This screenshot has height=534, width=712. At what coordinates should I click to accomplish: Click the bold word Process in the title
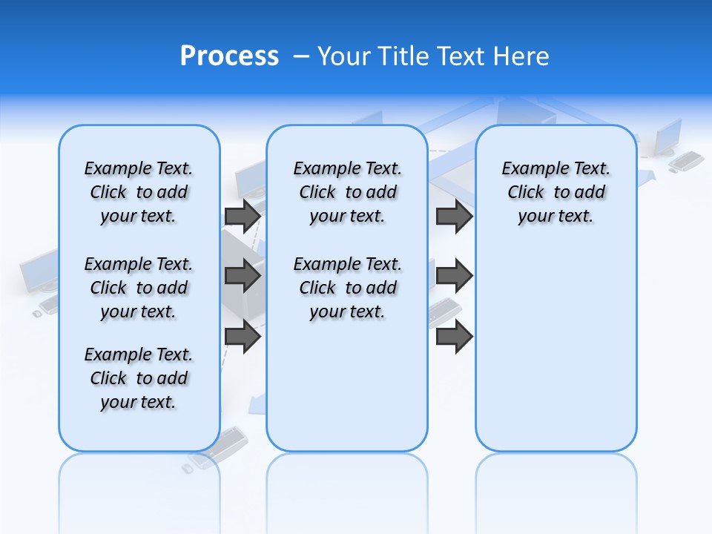click(x=229, y=56)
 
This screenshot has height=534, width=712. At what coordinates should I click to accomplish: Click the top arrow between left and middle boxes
click(x=243, y=216)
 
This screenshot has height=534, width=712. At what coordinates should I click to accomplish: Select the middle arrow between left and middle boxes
click(x=243, y=276)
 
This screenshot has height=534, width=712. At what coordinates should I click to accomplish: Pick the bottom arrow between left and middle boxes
click(x=243, y=337)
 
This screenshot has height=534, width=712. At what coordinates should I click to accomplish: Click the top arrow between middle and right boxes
click(x=454, y=216)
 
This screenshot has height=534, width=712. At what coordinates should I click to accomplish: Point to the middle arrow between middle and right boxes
click(x=454, y=276)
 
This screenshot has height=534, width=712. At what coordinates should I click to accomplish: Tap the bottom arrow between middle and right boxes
click(x=454, y=337)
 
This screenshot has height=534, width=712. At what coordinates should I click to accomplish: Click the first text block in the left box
click(x=139, y=192)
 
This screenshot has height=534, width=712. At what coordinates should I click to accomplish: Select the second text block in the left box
click(x=139, y=288)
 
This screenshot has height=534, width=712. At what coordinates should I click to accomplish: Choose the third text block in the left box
click(x=139, y=378)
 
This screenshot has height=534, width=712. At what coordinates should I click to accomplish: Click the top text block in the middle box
click(x=347, y=192)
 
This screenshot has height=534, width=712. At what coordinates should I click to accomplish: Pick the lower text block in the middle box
click(x=347, y=288)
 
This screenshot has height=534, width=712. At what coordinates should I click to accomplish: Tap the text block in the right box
click(x=556, y=192)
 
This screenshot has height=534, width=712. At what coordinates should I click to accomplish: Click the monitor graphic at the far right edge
click(x=669, y=136)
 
